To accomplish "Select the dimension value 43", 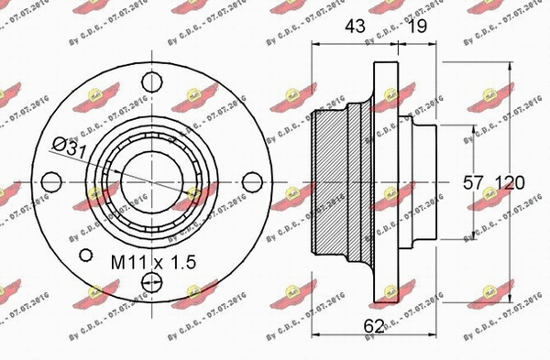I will [354, 28].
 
